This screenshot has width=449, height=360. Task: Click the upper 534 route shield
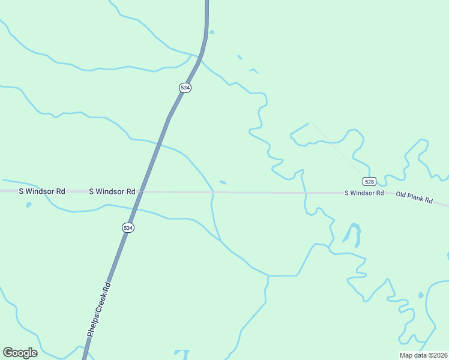[185, 88]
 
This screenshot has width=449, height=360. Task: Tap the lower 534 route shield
[128, 228]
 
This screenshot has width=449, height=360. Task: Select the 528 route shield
[369, 181]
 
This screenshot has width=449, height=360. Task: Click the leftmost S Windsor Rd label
[42, 191]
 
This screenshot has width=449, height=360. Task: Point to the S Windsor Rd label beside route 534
[112, 191]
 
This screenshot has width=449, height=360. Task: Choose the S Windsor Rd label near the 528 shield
[364, 193]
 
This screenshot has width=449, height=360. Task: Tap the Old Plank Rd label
[414, 197]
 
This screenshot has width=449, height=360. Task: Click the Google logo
[20, 353]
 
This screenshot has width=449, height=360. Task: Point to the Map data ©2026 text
[424, 355]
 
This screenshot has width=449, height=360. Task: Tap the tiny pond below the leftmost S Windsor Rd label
[28, 205]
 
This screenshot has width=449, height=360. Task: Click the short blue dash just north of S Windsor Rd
[223, 182]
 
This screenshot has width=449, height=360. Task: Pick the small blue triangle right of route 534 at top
[211, 32]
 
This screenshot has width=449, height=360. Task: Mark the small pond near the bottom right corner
[421, 295]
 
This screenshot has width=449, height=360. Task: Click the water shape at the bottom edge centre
[181, 354]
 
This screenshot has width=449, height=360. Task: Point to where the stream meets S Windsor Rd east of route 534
[212, 192]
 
